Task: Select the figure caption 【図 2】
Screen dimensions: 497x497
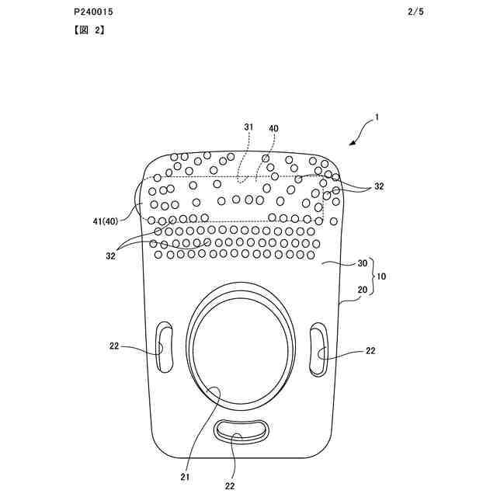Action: point(89,30)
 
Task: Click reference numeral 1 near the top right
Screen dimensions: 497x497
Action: point(377,118)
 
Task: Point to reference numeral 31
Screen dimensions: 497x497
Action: point(248,127)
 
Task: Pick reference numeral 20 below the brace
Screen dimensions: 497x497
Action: point(363,290)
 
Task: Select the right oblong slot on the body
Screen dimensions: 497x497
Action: point(318,350)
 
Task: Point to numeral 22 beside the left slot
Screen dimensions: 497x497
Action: point(115,347)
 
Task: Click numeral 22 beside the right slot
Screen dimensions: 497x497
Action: point(370,351)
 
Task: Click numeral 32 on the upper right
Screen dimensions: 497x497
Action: point(378,186)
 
